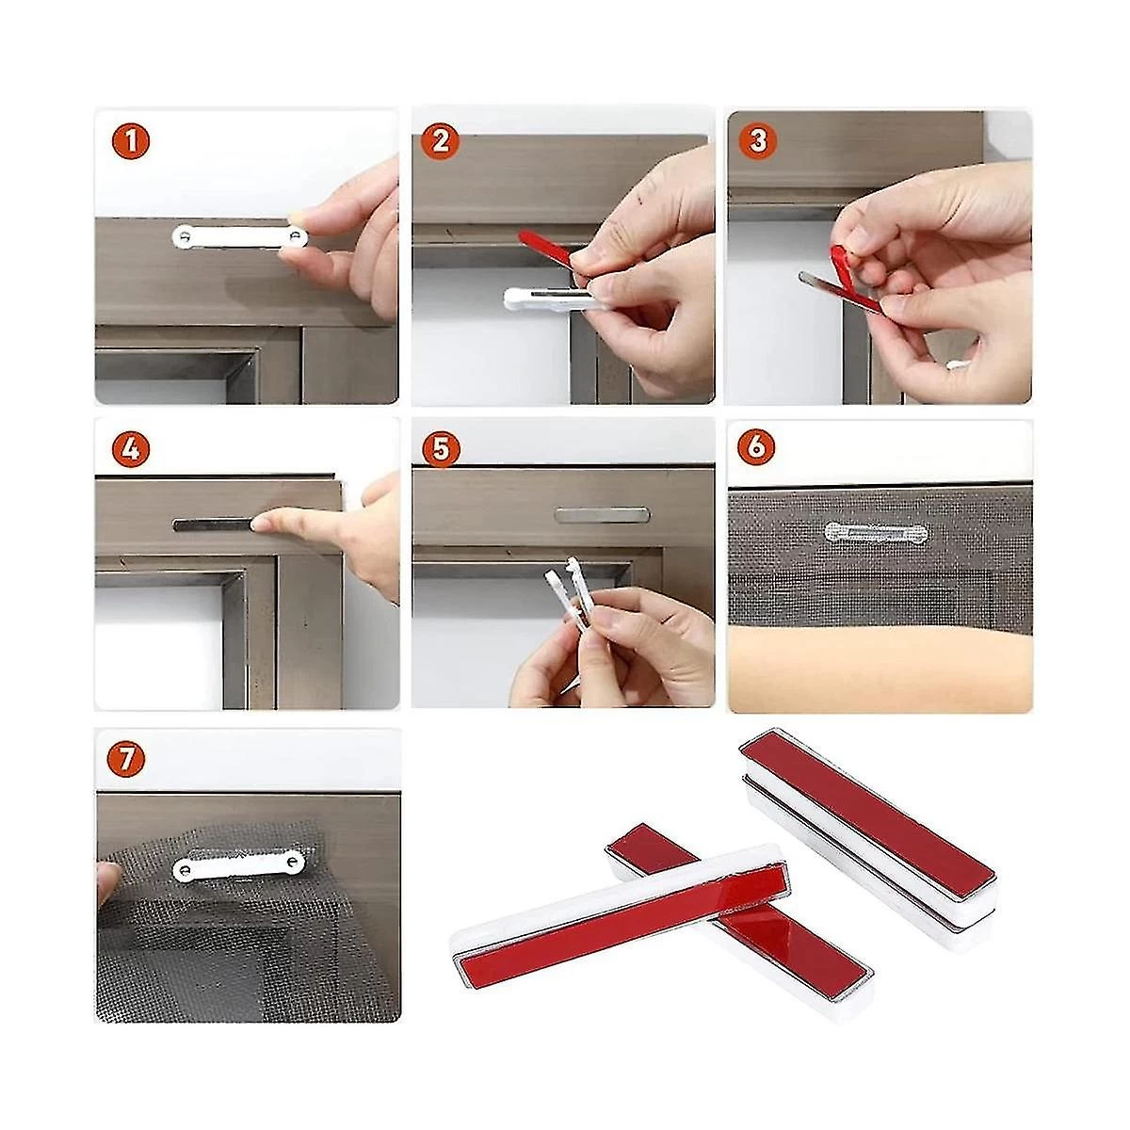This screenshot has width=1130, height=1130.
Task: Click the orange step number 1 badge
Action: [131, 141]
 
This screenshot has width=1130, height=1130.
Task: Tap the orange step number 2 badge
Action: [441, 141]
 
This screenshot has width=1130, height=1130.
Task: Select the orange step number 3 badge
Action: [758, 141]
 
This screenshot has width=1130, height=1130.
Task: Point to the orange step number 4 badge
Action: [131, 449]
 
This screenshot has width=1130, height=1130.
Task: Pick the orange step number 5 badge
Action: [441, 450]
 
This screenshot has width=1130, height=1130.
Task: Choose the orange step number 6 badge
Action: [756, 447]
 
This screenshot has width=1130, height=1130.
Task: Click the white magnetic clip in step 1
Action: [240, 236]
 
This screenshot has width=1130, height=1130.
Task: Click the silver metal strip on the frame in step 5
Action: [602, 515]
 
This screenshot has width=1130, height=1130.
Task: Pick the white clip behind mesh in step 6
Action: [877, 532]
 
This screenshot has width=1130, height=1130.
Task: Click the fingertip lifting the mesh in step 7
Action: [107, 883]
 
